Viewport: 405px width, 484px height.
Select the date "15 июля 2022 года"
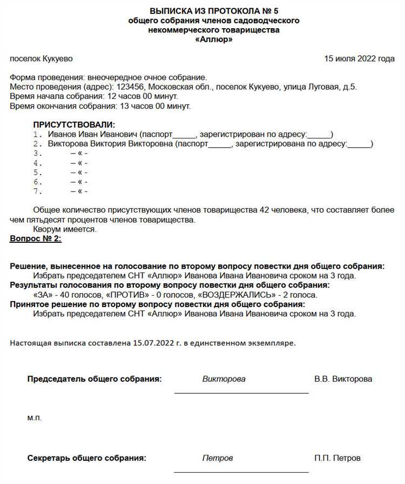pos(359,58)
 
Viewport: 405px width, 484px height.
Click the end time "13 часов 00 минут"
pos(157,106)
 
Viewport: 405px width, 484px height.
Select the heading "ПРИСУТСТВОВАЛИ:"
pos(74,125)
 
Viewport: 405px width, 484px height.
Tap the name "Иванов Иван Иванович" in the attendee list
pos(92,134)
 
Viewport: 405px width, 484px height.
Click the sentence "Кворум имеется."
pos(64,229)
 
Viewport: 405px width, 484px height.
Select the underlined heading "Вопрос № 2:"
pos(36,238)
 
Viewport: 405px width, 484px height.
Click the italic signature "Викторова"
pos(224,379)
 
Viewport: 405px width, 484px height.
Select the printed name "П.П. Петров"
pos(337,458)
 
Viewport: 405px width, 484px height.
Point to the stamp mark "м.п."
pos(34,418)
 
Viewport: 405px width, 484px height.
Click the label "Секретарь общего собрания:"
pos(87,458)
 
